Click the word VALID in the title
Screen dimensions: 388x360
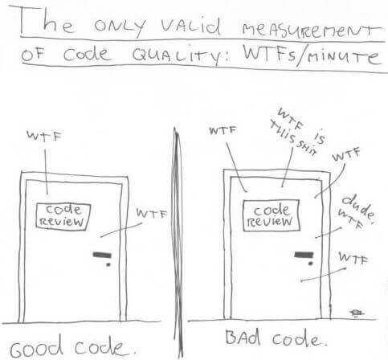pyautogui.click(x=191, y=27)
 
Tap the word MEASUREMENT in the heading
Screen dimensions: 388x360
pyautogui.click(x=311, y=30)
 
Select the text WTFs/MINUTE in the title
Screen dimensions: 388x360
pyautogui.click(x=312, y=57)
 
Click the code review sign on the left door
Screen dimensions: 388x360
pyautogui.click(x=63, y=216)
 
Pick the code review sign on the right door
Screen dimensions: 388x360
pyautogui.click(x=271, y=215)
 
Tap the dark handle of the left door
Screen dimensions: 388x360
pyautogui.click(x=102, y=255)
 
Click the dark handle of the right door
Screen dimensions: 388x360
pyautogui.click(x=304, y=254)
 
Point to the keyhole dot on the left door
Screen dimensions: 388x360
pyautogui.click(x=108, y=264)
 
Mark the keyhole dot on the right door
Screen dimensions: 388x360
pyautogui.click(x=310, y=264)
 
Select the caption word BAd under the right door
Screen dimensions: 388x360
pyautogui.click(x=243, y=337)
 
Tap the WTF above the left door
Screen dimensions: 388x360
pyautogui.click(x=44, y=136)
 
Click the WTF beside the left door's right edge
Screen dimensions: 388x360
pyautogui.click(x=152, y=214)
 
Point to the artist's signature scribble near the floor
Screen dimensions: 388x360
pyautogui.click(x=357, y=313)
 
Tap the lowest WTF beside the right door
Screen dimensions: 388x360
pyautogui.click(x=353, y=258)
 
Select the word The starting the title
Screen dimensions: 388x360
pyautogui.click(x=47, y=22)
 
